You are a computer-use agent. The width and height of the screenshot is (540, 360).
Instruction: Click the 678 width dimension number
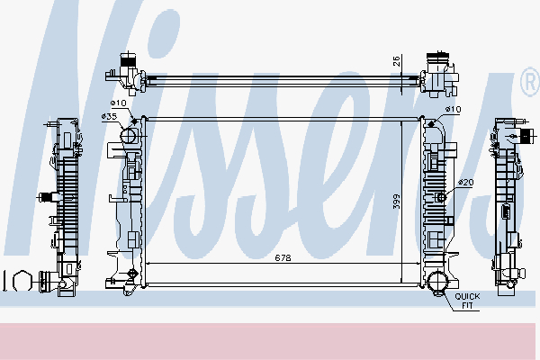(x=283, y=258)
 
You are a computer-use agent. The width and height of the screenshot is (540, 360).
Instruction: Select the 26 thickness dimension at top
(x=396, y=62)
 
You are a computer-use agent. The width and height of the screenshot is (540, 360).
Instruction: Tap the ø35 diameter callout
(x=111, y=117)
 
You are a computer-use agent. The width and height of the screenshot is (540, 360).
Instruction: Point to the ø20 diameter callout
(x=464, y=183)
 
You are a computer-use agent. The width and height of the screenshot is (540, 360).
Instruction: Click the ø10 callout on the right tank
(x=453, y=110)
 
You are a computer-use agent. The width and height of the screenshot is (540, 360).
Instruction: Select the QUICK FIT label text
(x=467, y=300)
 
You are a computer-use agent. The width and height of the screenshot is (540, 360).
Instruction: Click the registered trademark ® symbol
(x=528, y=84)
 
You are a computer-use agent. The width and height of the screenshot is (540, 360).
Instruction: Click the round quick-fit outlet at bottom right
(x=436, y=282)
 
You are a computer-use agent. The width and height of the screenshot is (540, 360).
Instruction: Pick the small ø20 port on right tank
(x=440, y=197)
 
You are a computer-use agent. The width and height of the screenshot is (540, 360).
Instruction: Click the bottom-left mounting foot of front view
(x=118, y=286)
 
